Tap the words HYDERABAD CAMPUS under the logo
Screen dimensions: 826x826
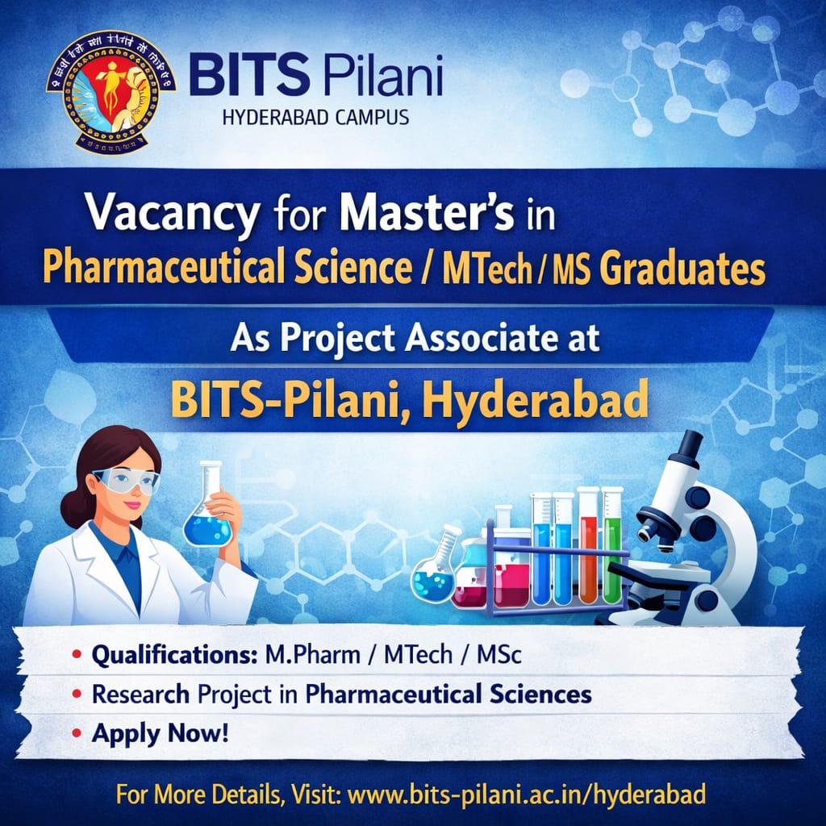click(x=315, y=118)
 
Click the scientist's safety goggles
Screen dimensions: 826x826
click(x=127, y=481)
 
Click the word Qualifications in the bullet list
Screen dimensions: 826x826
click(x=174, y=654)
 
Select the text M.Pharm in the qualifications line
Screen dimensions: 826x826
click(x=312, y=654)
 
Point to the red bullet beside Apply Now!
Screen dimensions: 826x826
click(x=76, y=735)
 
